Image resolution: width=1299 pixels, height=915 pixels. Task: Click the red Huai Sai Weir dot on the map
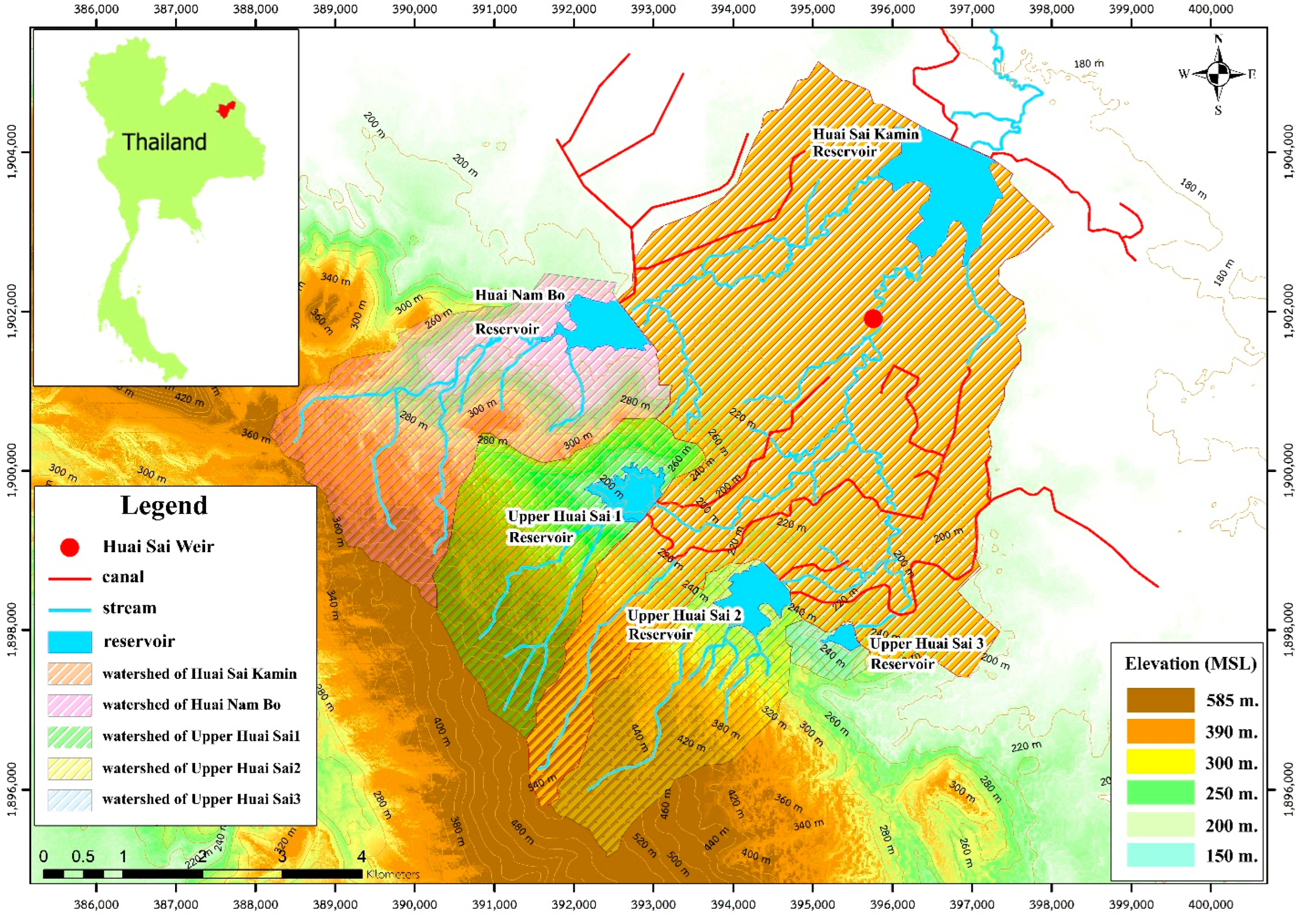coord(873,318)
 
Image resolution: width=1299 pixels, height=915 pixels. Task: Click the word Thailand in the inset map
coord(164,141)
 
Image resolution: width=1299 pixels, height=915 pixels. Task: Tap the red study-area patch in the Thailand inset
coord(226,109)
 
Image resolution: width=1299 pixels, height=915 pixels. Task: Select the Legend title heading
coord(164,505)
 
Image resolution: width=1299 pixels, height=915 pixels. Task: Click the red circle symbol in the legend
coord(70,547)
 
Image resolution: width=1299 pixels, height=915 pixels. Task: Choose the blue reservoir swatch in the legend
coord(70,642)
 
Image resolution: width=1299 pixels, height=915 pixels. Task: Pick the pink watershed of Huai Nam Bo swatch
coord(70,705)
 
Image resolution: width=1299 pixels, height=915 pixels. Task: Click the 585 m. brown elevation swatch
coord(1161,700)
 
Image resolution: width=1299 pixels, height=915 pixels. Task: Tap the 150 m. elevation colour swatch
coord(1161,855)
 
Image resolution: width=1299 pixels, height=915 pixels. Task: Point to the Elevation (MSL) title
coord(1190,663)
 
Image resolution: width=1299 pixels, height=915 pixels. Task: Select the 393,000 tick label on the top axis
coord(653,10)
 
